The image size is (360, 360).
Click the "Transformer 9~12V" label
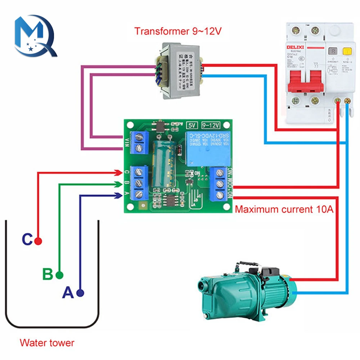[178, 31]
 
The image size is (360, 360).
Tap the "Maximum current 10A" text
[284, 209]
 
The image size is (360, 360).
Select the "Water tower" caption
[47, 342]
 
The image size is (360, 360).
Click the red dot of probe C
[38, 241]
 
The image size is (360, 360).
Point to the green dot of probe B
[59, 275]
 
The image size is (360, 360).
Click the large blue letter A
[68, 293]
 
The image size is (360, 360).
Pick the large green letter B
[48, 274]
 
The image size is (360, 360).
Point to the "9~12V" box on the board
[211, 125]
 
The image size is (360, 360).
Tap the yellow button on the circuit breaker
[347, 52]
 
